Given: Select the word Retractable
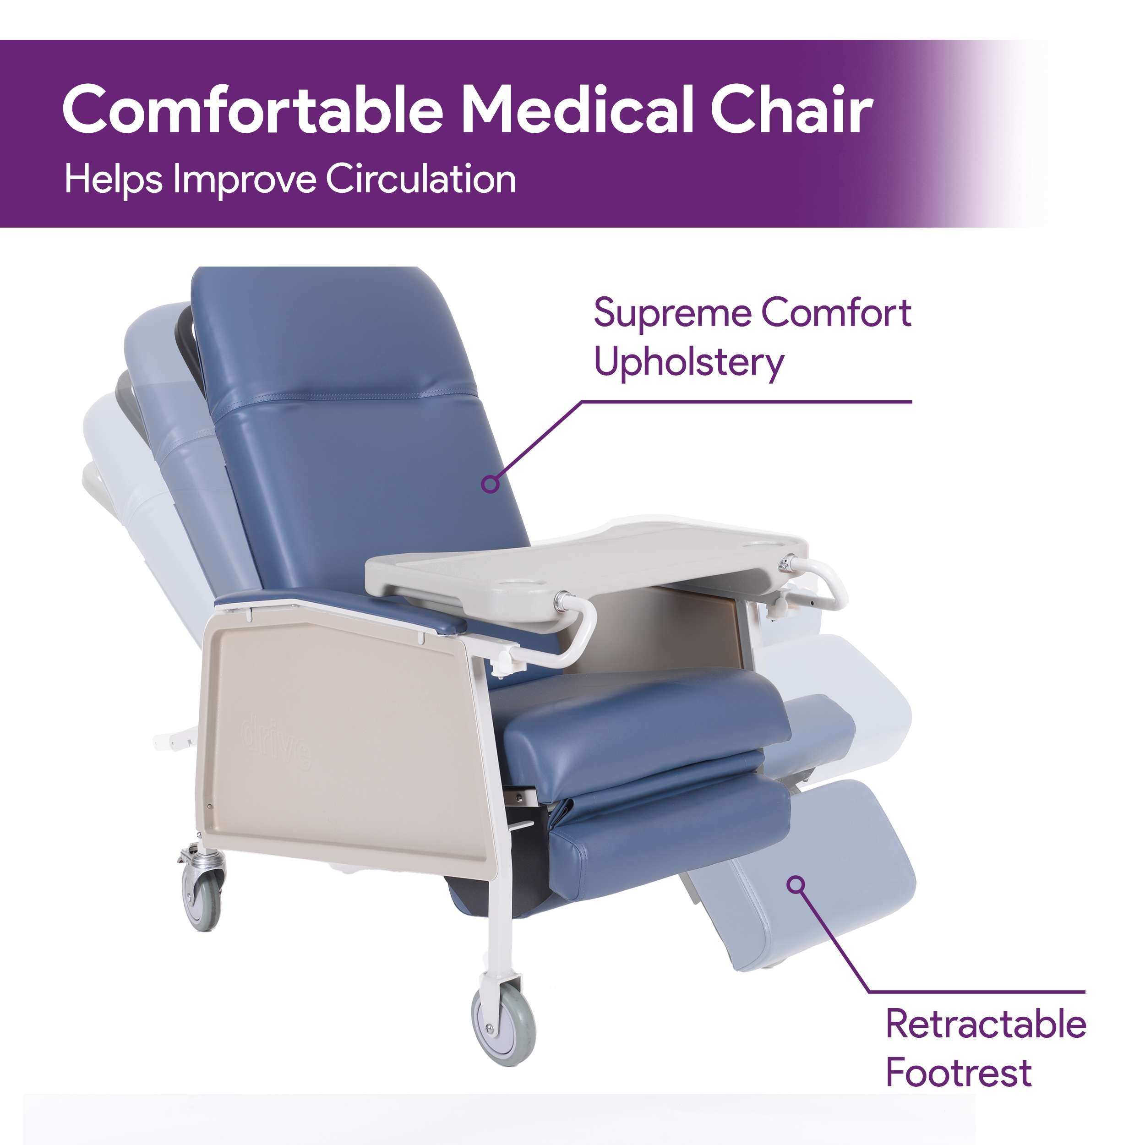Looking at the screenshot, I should point(985,1024).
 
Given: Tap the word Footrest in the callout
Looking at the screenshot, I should point(958,1072).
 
